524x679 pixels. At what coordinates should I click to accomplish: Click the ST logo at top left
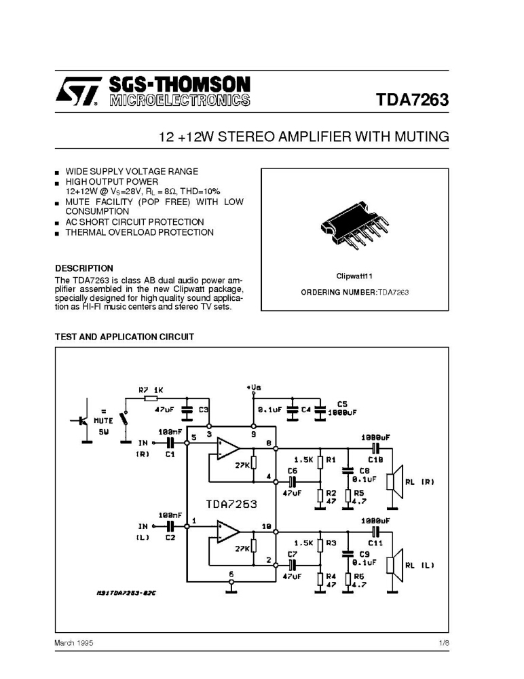78,92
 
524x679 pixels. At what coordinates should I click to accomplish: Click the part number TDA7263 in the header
412,100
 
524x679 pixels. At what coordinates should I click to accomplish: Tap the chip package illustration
354,227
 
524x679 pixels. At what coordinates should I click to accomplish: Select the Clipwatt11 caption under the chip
354,276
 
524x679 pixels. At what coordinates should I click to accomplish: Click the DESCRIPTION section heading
84,268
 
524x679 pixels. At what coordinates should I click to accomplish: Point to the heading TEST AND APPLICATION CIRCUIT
124,337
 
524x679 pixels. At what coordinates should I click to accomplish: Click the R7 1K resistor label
151,390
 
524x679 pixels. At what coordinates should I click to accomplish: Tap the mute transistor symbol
81,420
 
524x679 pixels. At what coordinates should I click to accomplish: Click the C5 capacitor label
342,404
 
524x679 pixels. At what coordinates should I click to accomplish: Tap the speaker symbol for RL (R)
395,481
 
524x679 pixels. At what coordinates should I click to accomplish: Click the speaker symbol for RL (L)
395,565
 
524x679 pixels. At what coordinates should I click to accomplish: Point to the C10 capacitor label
375,460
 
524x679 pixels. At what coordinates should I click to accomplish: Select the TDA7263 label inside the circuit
231,504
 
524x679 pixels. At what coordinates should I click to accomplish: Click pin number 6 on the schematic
231,574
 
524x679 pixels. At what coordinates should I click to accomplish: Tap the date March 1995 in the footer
73,643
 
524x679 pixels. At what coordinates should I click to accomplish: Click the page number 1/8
444,643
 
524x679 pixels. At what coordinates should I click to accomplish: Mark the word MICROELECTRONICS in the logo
180,100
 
